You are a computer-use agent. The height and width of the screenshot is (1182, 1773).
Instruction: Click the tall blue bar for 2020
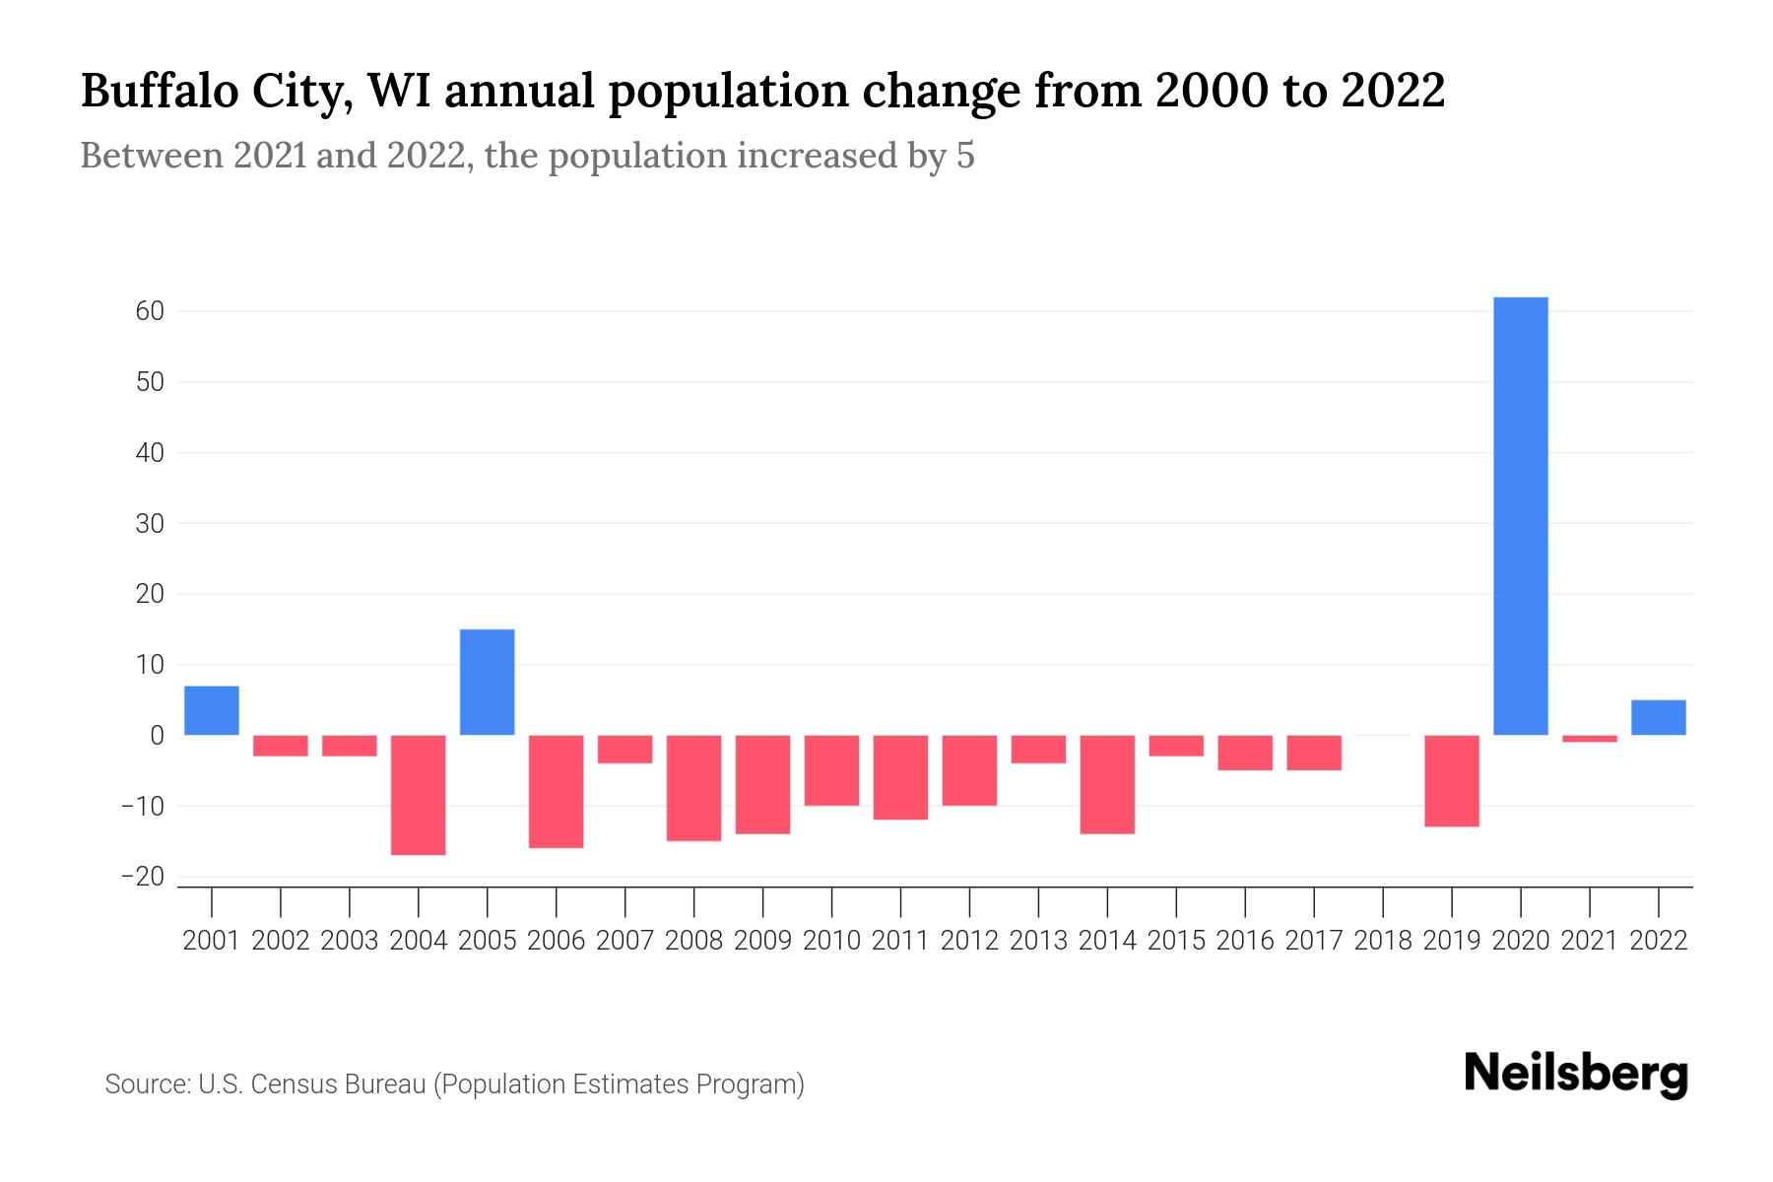(x=1521, y=516)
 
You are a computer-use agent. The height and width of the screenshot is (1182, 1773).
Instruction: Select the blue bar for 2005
(x=488, y=682)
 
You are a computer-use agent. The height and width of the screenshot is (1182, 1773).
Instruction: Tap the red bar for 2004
(x=419, y=795)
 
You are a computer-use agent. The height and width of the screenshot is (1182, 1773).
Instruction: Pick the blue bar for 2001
(x=212, y=710)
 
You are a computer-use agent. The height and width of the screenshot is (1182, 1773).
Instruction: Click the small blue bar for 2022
(x=1659, y=717)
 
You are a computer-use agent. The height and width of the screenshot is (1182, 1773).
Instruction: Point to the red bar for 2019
(x=1452, y=780)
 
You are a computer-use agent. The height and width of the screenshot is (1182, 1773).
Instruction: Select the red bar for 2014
(x=1107, y=784)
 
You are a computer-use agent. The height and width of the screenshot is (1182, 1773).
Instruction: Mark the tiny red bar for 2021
(x=1590, y=739)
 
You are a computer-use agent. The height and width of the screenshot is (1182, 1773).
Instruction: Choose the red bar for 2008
(x=694, y=788)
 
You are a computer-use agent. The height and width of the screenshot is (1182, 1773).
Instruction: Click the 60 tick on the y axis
(x=150, y=311)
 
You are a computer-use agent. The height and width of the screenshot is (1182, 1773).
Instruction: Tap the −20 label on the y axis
(x=142, y=877)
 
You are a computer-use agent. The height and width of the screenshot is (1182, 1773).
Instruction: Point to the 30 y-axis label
(x=150, y=523)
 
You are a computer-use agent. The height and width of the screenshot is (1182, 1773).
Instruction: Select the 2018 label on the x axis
(x=1383, y=941)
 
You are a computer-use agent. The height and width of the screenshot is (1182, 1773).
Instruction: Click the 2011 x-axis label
(x=900, y=941)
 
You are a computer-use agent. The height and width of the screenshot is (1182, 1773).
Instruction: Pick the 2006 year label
(x=557, y=941)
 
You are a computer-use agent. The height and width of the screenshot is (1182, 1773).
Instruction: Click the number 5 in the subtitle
(x=965, y=156)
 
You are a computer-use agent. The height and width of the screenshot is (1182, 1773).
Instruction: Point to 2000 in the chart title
(x=1207, y=92)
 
